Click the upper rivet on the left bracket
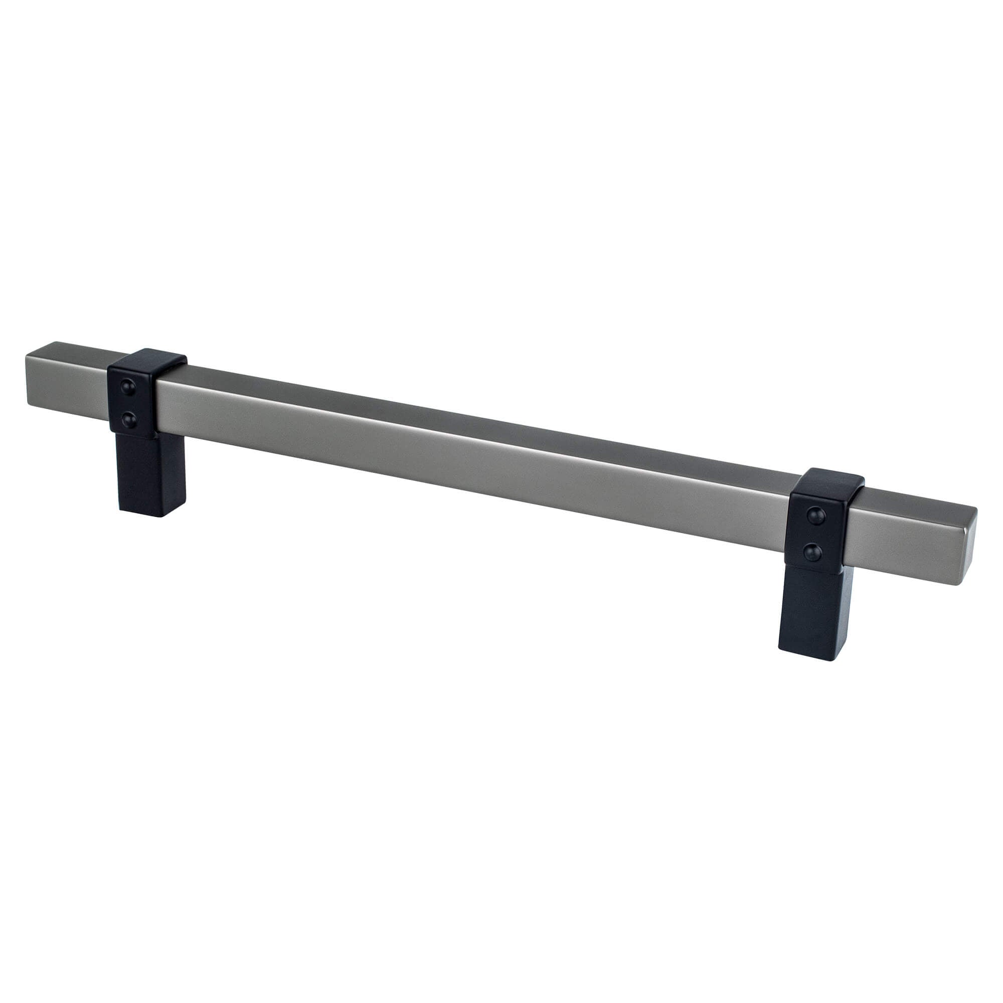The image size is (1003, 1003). (127, 385)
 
